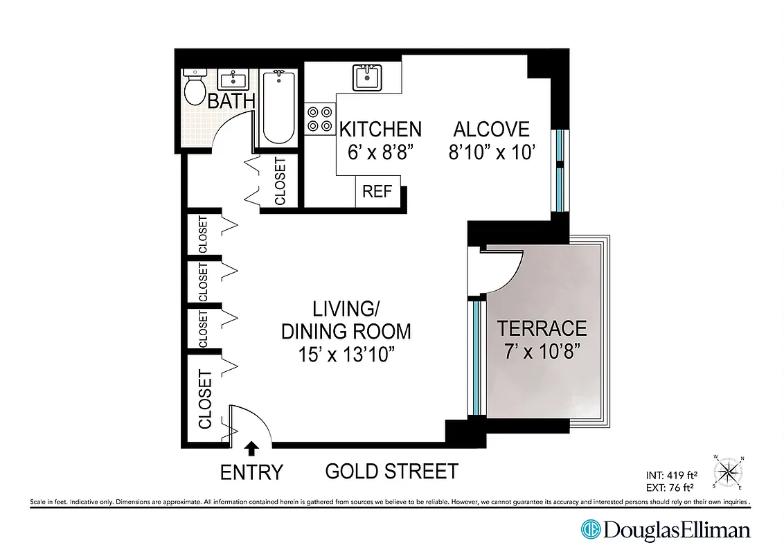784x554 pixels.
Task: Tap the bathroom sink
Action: click(234, 78)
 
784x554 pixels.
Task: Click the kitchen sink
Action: click(366, 77)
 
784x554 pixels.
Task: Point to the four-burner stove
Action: click(319, 118)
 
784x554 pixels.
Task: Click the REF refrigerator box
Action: click(377, 192)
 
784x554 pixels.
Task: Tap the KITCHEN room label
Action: click(380, 129)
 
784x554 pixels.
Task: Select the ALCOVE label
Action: click(491, 129)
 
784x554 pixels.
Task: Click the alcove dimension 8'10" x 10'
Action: click(492, 152)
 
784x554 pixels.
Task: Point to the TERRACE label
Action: click(542, 328)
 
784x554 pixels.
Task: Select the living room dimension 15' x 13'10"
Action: click(346, 355)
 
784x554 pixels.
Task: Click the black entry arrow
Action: click(251, 448)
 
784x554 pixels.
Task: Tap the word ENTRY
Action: click(251, 472)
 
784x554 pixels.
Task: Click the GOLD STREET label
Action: click(391, 472)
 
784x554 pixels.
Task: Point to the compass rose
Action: click(729, 472)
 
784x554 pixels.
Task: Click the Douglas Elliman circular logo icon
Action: click(590, 530)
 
